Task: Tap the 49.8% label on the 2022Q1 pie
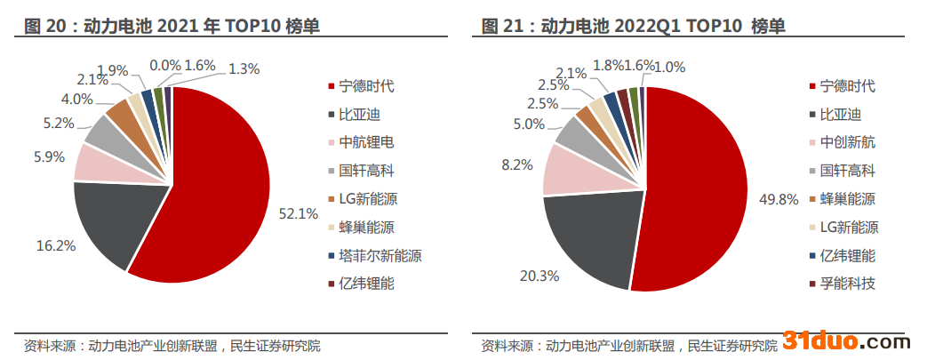pyautogui.click(x=776, y=199)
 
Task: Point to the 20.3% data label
pyautogui.click(x=539, y=276)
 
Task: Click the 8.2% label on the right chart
pyautogui.click(x=517, y=164)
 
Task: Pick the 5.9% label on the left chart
pyautogui.click(x=49, y=157)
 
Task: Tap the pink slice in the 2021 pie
pyautogui.click(x=93, y=162)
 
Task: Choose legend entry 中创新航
pyautogui.click(x=847, y=142)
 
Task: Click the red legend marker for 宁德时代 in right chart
pyautogui.click(x=812, y=86)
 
